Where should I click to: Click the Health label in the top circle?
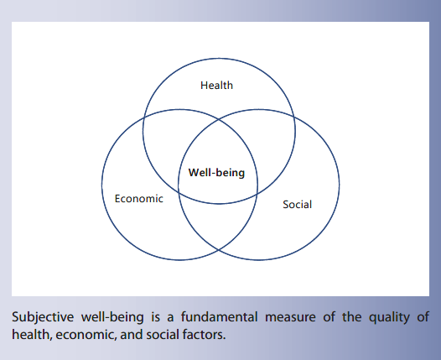coord(217,85)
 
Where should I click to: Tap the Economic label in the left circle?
coord(138,199)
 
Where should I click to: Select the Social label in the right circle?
coord(297,204)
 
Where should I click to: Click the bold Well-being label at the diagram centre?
coord(217,174)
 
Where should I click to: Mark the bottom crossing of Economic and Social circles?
coord(217,250)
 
